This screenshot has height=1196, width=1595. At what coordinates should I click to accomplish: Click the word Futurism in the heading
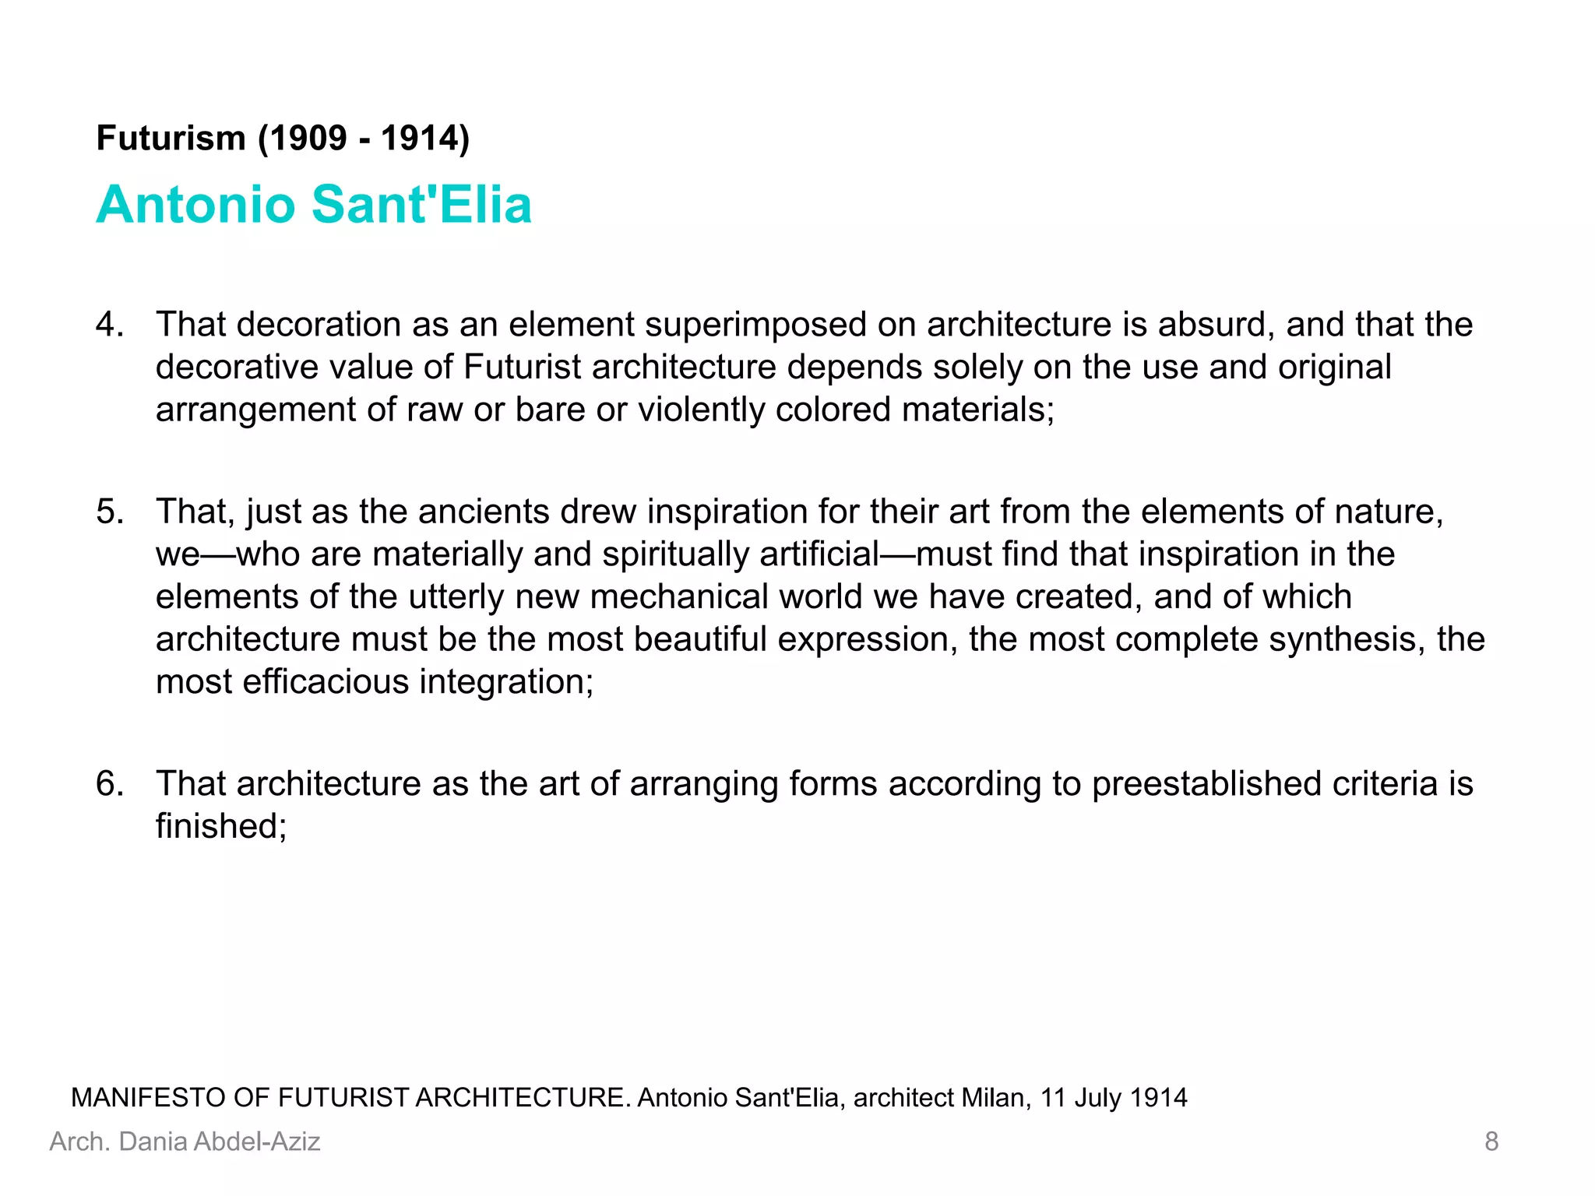coord(171,139)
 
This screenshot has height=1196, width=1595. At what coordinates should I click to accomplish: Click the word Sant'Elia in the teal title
coord(421,204)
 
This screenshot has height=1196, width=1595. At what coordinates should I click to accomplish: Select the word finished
coord(220,826)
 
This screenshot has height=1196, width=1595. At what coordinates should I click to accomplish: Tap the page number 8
coord(1491,1141)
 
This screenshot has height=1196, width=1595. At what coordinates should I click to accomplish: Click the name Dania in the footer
coord(153,1141)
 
